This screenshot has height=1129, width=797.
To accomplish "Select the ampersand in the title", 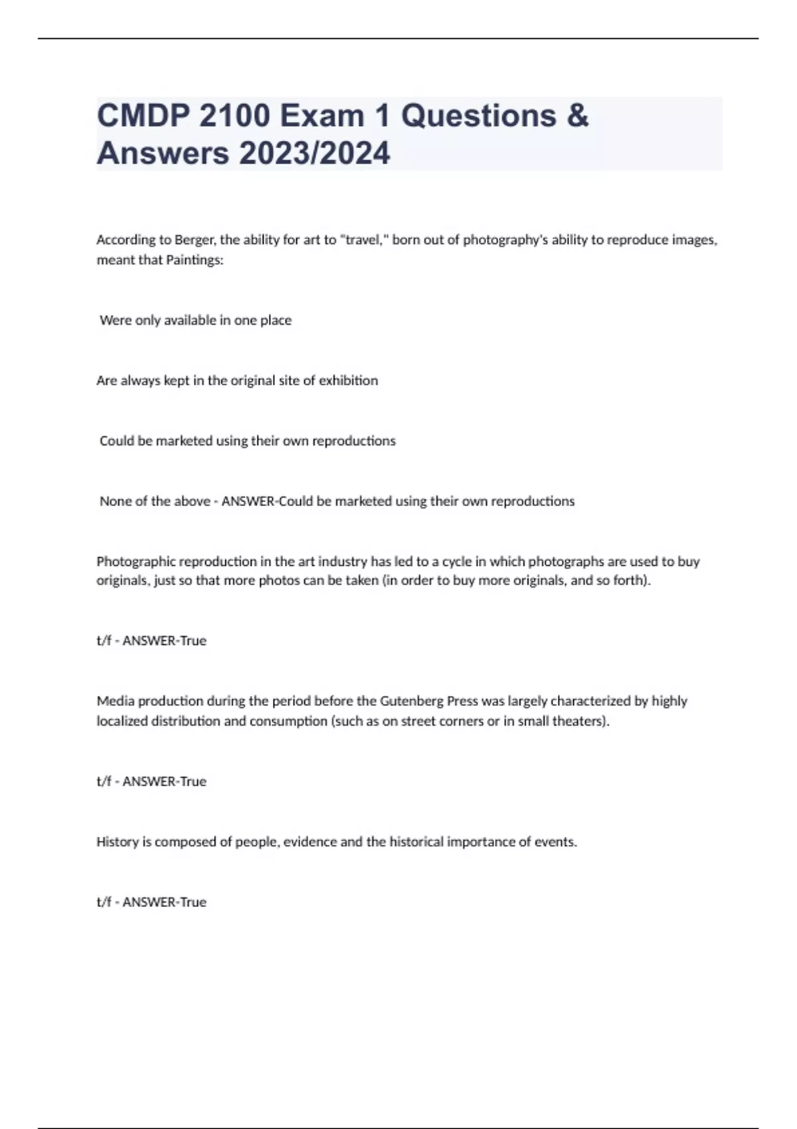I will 578,116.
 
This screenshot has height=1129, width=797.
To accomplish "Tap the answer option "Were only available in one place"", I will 195,320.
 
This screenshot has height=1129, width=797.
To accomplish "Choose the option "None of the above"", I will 155,501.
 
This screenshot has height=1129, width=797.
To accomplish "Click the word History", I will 117,841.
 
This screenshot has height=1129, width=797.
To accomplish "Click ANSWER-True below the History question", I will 164,902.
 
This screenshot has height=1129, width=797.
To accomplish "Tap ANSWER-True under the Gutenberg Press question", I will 164,782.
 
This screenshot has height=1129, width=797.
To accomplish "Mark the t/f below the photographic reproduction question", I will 104,641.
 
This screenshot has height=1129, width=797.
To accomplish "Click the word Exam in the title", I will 322,116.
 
